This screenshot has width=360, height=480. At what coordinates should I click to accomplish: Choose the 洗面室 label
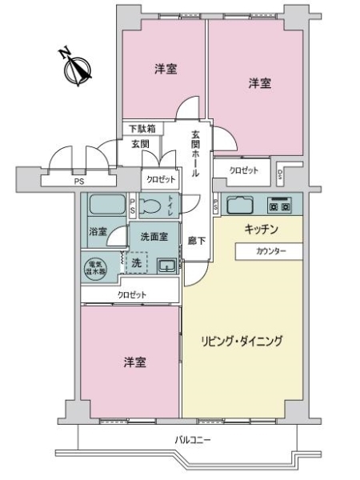point(154,237)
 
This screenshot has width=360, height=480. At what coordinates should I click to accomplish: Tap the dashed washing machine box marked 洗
point(135,262)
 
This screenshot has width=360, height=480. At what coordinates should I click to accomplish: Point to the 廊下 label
point(197,240)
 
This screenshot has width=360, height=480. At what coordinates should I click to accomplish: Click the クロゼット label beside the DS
point(244,170)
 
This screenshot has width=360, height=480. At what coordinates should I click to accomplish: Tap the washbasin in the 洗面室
point(166,266)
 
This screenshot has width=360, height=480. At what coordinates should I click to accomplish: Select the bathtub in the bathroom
point(105,205)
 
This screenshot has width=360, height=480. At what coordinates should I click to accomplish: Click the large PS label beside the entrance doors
point(79,182)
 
